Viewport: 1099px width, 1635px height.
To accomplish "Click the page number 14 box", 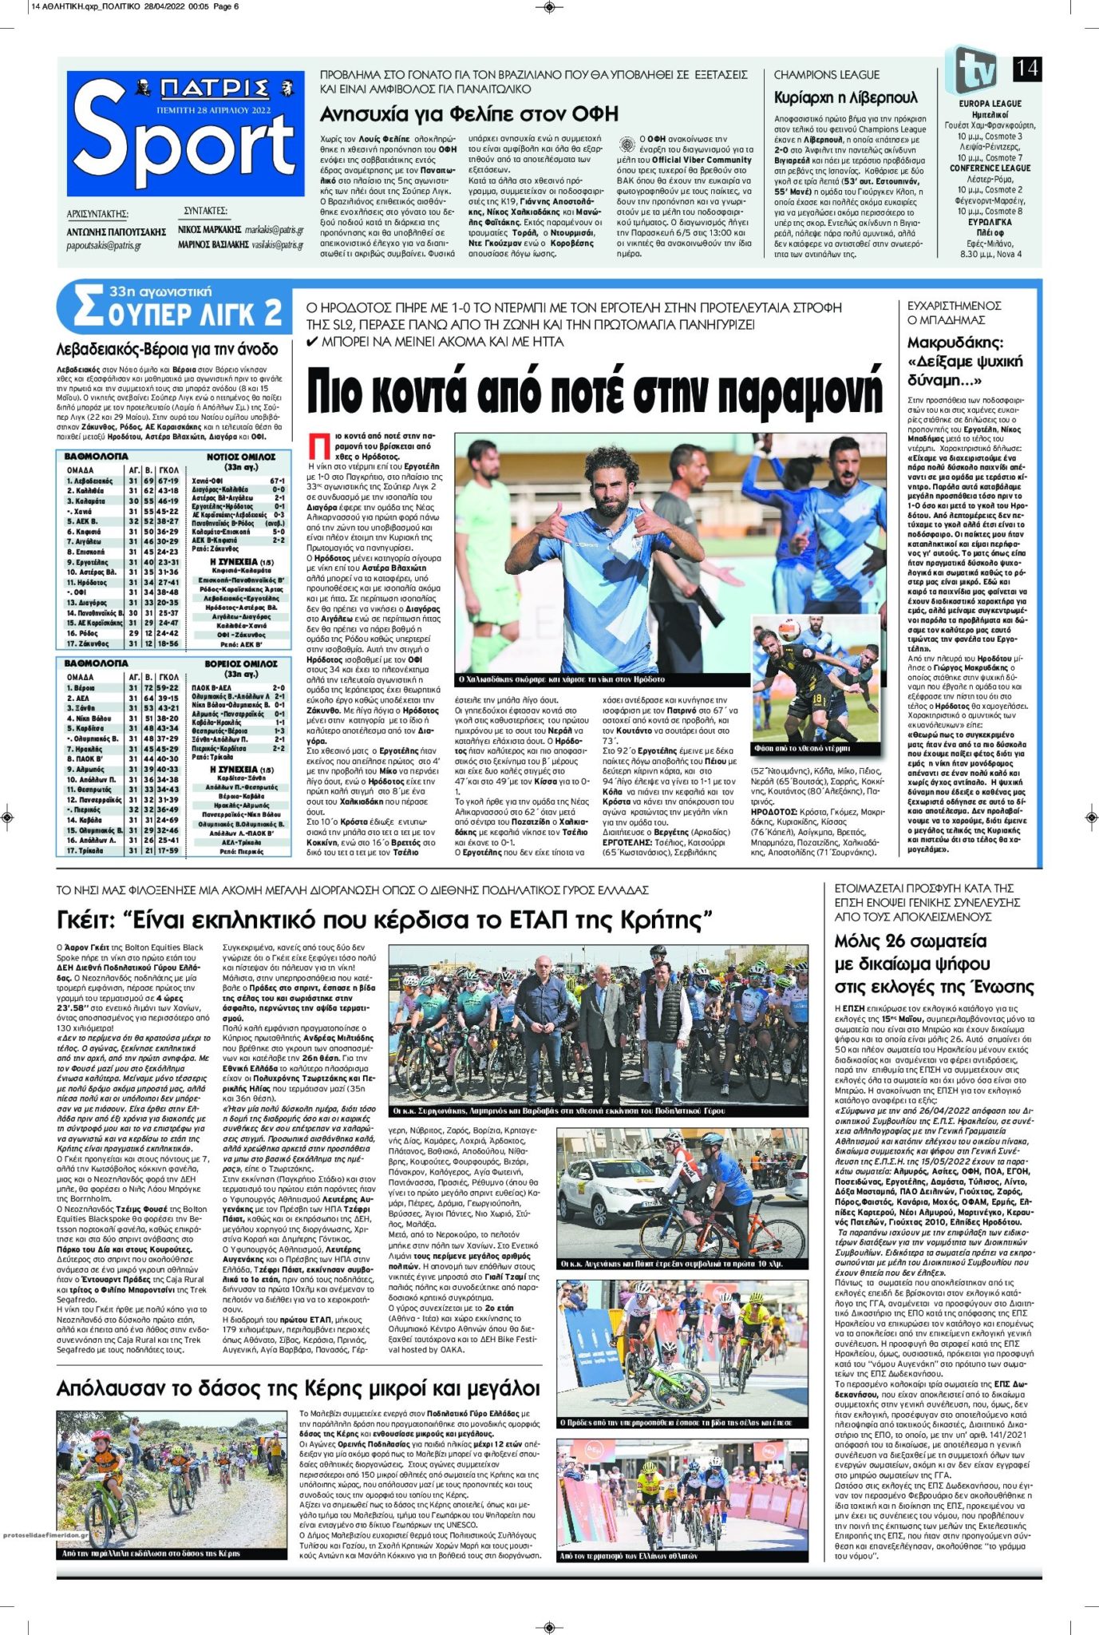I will pyautogui.click(x=1026, y=69).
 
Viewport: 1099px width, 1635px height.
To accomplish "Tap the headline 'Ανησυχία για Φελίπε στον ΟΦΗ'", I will pyautogui.click(x=469, y=113).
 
